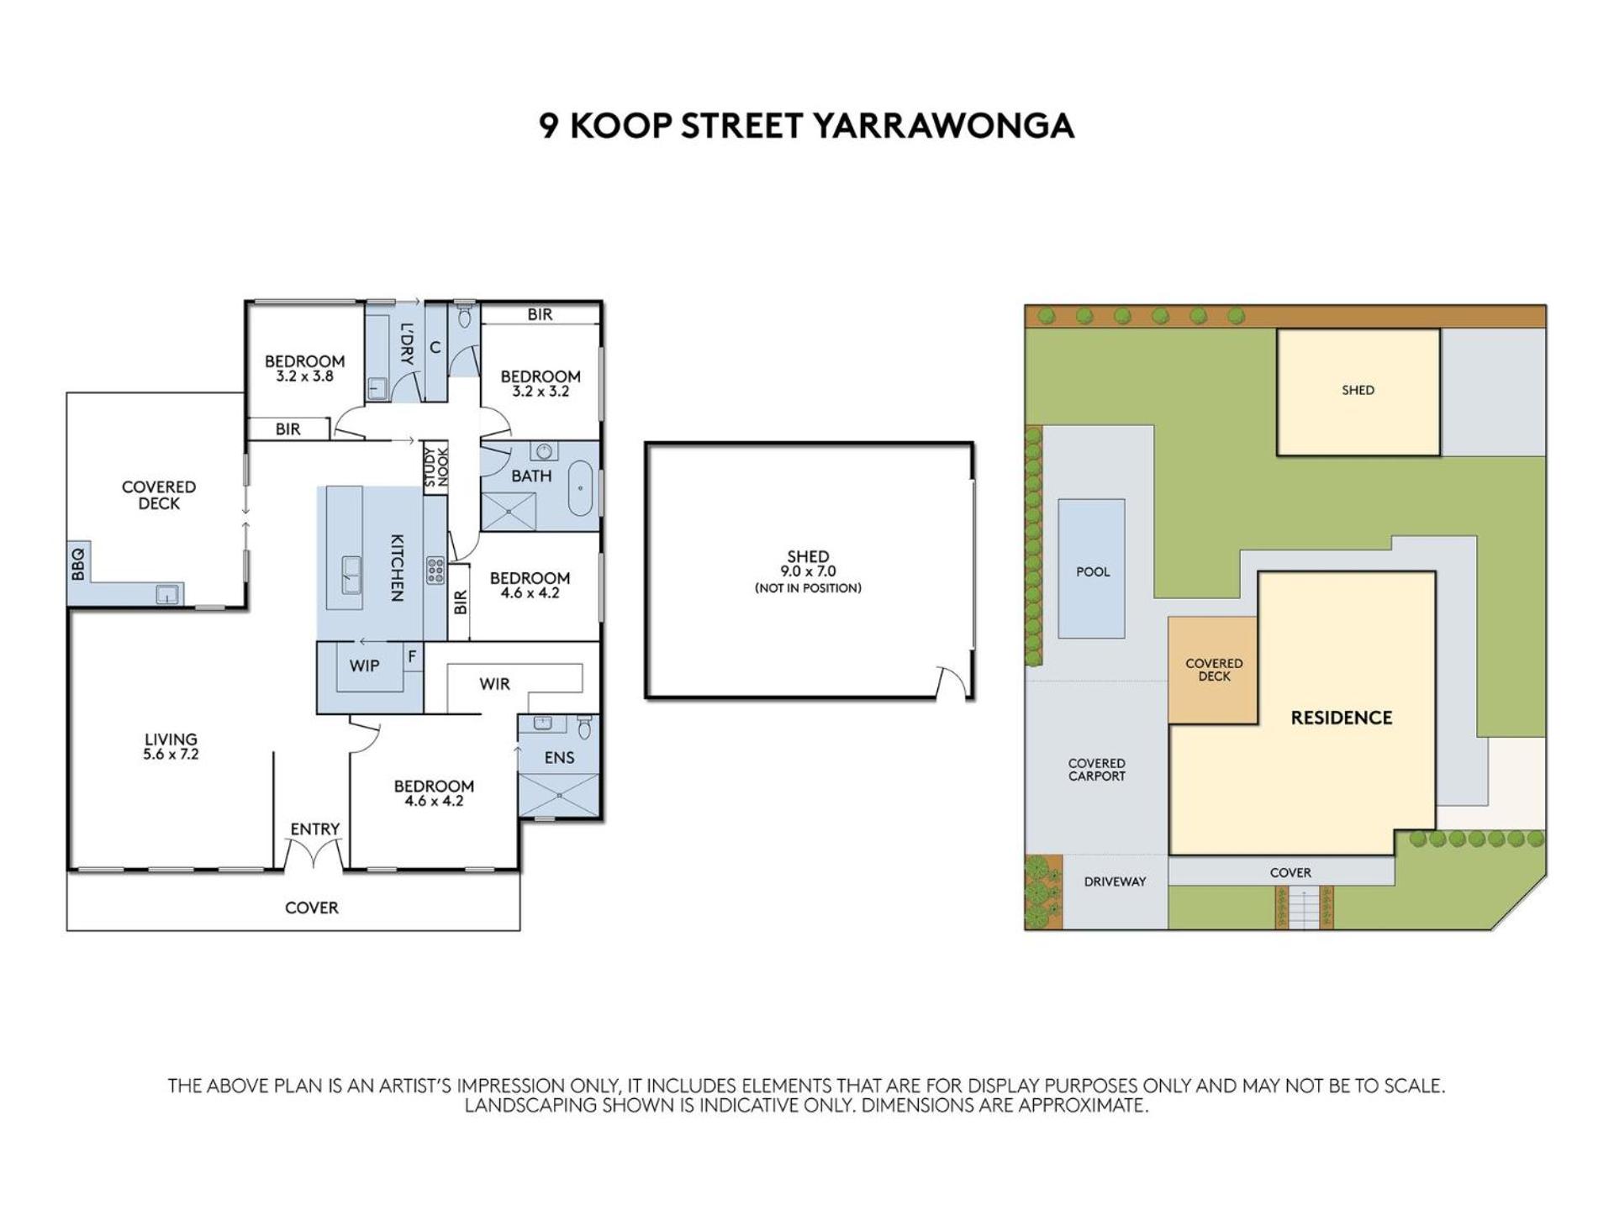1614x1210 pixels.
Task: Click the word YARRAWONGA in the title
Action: [942, 126]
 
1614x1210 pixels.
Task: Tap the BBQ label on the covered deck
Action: [78, 563]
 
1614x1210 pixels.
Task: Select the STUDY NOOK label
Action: [436, 467]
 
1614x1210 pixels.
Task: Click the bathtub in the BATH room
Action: [580, 488]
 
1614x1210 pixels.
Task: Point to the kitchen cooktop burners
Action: [435, 571]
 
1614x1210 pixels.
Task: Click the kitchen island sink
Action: [351, 576]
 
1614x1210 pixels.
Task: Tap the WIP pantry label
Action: [364, 666]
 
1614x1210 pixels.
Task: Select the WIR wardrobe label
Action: [494, 684]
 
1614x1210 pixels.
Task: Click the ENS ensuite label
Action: [559, 758]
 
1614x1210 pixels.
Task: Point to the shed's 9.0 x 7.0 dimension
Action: [808, 571]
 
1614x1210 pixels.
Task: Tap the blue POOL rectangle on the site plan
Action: [1091, 569]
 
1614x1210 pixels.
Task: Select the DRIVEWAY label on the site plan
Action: [1115, 881]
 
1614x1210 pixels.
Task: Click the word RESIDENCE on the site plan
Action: [1342, 718]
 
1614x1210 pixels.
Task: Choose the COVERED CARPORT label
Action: [1096, 770]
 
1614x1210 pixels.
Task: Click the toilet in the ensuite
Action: [584, 726]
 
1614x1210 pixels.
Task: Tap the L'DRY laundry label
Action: [407, 344]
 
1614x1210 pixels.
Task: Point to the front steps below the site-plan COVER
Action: [1304, 907]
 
